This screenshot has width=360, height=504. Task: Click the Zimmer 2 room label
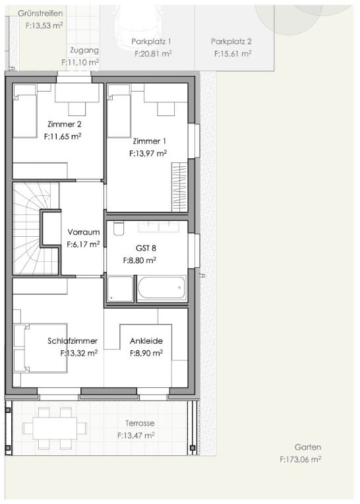64,124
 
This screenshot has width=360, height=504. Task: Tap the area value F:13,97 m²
148,154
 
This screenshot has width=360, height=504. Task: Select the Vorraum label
84,232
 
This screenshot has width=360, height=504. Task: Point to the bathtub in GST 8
162,288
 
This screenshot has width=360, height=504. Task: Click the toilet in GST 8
119,228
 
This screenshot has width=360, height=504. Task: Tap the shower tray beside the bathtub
120,289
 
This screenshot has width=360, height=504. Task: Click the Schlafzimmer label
73,340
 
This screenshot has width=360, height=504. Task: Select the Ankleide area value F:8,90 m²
146,353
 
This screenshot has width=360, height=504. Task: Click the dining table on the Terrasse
55,428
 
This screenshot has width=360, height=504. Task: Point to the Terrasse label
140,423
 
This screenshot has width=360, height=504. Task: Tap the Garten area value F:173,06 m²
300,459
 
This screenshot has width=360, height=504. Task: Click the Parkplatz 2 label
231,42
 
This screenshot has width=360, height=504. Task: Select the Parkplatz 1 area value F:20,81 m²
153,53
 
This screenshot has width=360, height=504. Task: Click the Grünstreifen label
40,13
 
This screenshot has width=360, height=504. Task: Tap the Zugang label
84,50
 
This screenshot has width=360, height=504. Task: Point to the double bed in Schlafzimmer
40,348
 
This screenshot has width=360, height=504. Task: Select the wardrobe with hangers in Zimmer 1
179,187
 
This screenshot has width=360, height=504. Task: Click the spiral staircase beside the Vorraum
36,228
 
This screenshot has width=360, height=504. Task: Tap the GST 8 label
146,248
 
